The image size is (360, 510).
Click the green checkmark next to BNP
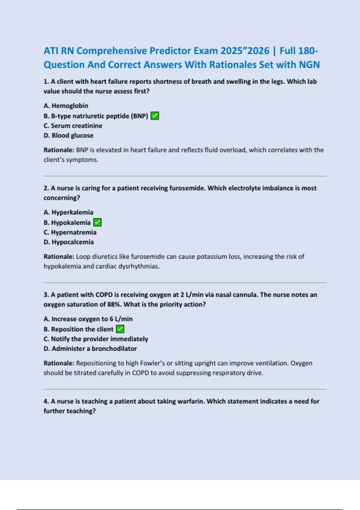point(155,116)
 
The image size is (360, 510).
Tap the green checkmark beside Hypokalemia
point(97,223)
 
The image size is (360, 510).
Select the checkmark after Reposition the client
point(120,329)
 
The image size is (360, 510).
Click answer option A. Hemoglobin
point(66,106)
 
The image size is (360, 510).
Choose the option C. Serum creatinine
point(73,126)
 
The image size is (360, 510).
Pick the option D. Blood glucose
point(68,135)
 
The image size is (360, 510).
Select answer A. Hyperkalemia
point(68,212)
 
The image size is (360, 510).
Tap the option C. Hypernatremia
point(70,232)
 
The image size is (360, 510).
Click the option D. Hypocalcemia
point(69,242)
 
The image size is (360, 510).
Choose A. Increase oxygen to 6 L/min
point(88,319)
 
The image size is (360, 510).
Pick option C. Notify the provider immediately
point(96,339)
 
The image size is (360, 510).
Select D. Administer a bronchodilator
point(90,349)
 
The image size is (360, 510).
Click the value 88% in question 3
point(114,304)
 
